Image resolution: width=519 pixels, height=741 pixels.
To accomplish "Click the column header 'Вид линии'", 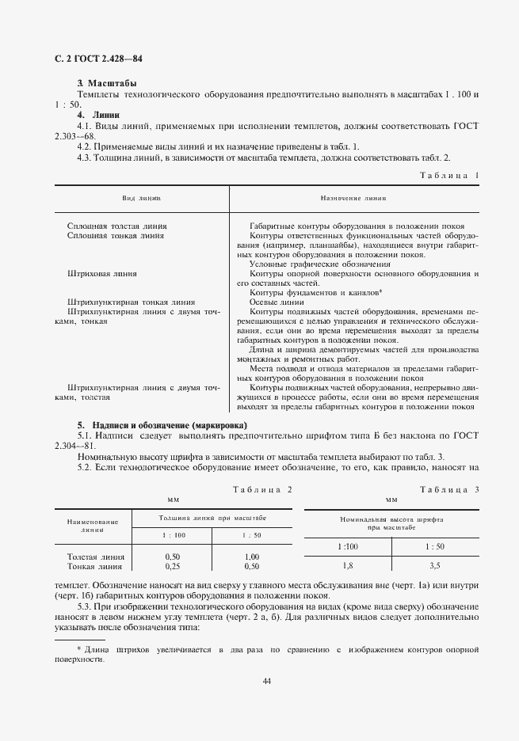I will tap(141, 198).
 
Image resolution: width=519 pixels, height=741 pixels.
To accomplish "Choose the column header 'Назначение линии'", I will tap(353, 198).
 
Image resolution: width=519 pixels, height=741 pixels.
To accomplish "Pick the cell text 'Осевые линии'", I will tap(276, 302).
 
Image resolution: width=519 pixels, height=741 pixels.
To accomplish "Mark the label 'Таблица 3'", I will tap(449, 489).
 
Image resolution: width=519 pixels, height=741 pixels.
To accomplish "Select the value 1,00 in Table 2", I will tap(251, 557).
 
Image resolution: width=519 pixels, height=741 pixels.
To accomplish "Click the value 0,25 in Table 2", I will tap(172, 566).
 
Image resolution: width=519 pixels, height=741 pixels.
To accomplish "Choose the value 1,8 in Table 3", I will tap(347, 565).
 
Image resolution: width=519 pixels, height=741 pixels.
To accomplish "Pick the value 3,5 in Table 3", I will tap(435, 565).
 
